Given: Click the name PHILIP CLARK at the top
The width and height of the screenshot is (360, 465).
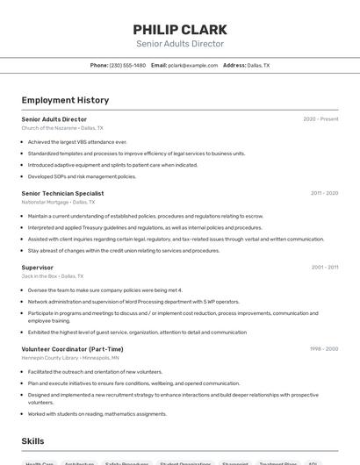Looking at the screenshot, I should pyautogui.click(x=180, y=29).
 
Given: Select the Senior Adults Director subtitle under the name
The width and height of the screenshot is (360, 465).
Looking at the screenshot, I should pyautogui.click(x=180, y=44).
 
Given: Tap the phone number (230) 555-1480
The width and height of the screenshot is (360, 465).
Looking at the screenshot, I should pyautogui.click(x=128, y=66).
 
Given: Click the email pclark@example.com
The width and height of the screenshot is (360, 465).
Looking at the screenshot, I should pyautogui.click(x=194, y=66).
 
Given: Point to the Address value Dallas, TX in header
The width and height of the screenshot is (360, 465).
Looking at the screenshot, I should pyautogui.click(x=258, y=66).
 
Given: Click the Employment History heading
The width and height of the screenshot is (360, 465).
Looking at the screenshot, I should pyautogui.click(x=65, y=100).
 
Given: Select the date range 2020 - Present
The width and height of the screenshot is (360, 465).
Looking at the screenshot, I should pyautogui.click(x=320, y=119).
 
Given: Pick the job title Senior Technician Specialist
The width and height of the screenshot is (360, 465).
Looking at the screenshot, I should pyautogui.click(x=62, y=193).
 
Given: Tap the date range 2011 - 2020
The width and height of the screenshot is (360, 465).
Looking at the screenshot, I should pyautogui.click(x=324, y=193).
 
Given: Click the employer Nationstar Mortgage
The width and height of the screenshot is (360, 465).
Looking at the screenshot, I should pyautogui.click(x=46, y=202).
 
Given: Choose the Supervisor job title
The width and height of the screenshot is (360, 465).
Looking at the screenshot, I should pyautogui.click(x=38, y=267).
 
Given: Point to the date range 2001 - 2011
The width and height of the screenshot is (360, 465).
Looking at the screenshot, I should pyautogui.click(x=325, y=267).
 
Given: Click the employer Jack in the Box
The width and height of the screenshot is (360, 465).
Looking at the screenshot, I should pyautogui.click(x=40, y=275).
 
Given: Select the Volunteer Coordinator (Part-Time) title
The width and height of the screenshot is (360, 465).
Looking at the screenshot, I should pyautogui.click(x=72, y=348).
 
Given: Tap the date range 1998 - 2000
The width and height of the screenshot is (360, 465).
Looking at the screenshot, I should pyautogui.click(x=324, y=348).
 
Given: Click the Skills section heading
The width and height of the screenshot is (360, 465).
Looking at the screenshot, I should pyautogui.click(x=33, y=440).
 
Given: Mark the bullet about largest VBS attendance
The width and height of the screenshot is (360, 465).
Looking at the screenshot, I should pyautogui.click(x=77, y=141).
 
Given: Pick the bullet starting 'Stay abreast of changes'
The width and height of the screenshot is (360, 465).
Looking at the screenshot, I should pyautogui.click(x=123, y=250).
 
